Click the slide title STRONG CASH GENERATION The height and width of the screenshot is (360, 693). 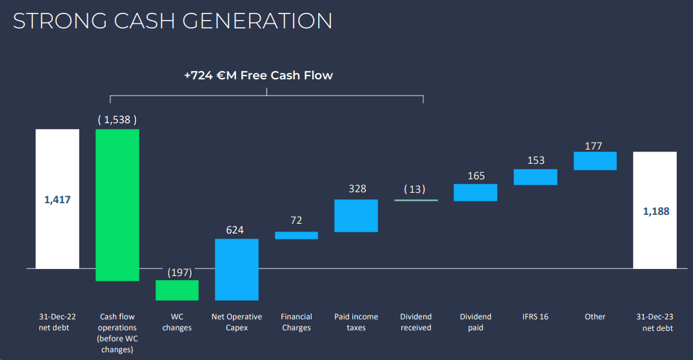pos(173,21)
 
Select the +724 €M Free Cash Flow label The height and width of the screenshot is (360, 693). pos(258,75)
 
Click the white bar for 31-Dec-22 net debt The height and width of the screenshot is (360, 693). pos(57,199)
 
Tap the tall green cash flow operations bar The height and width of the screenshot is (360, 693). pos(117,205)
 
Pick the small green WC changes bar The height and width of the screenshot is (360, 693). pos(177,290)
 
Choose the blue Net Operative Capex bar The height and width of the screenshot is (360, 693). pos(237,269)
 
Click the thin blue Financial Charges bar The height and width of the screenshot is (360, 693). pos(296,235)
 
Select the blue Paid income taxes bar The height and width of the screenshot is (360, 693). pos(356,215)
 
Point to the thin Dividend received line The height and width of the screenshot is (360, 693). pos(416,201)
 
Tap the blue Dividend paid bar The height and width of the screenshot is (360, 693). pos(476,192)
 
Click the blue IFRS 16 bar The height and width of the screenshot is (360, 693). pos(536,177)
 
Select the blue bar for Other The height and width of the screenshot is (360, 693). pos(595,161)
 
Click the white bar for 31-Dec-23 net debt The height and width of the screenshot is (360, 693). pos(655,210)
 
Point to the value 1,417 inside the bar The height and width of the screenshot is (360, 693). pos(57,200)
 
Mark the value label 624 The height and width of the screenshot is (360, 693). pos(235,230)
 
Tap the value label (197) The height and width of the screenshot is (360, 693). pos(179,272)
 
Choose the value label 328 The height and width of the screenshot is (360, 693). pos(357,189)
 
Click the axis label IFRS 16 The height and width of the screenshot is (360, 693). pos(535,317)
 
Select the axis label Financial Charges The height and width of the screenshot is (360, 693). pos(296,322)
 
